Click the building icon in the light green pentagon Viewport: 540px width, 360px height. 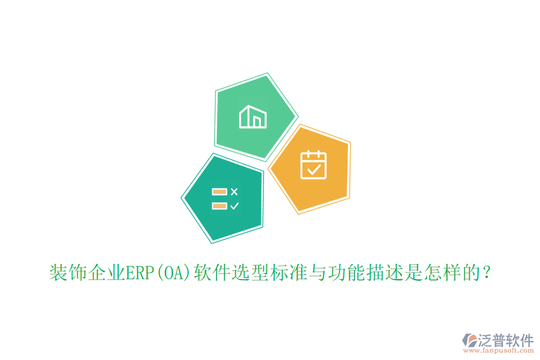pyautogui.click(x=253, y=116)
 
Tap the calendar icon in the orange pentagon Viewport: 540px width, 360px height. pyautogui.click(x=313, y=165)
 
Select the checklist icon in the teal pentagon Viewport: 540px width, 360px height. pyautogui.click(x=225, y=199)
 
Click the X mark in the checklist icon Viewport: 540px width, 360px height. pyautogui.click(x=234, y=192)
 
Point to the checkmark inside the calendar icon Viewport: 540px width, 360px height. pyautogui.click(x=313, y=169)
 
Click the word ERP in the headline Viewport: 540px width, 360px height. pyautogui.click(x=139, y=274)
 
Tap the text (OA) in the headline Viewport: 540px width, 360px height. pyautogui.click(x=173, y=274)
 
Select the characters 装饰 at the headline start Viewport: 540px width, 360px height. pyautogui.click(x=67, y=274)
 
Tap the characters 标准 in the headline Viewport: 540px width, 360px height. pyautogui.click(x=287, y=274)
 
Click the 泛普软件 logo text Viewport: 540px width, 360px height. pyautogui.click(x=506, y=340)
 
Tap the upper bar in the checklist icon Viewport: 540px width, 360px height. pyautogui.click(x=219, y=192)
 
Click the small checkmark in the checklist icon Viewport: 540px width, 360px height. pyautogui.click(x=234, y=206)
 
